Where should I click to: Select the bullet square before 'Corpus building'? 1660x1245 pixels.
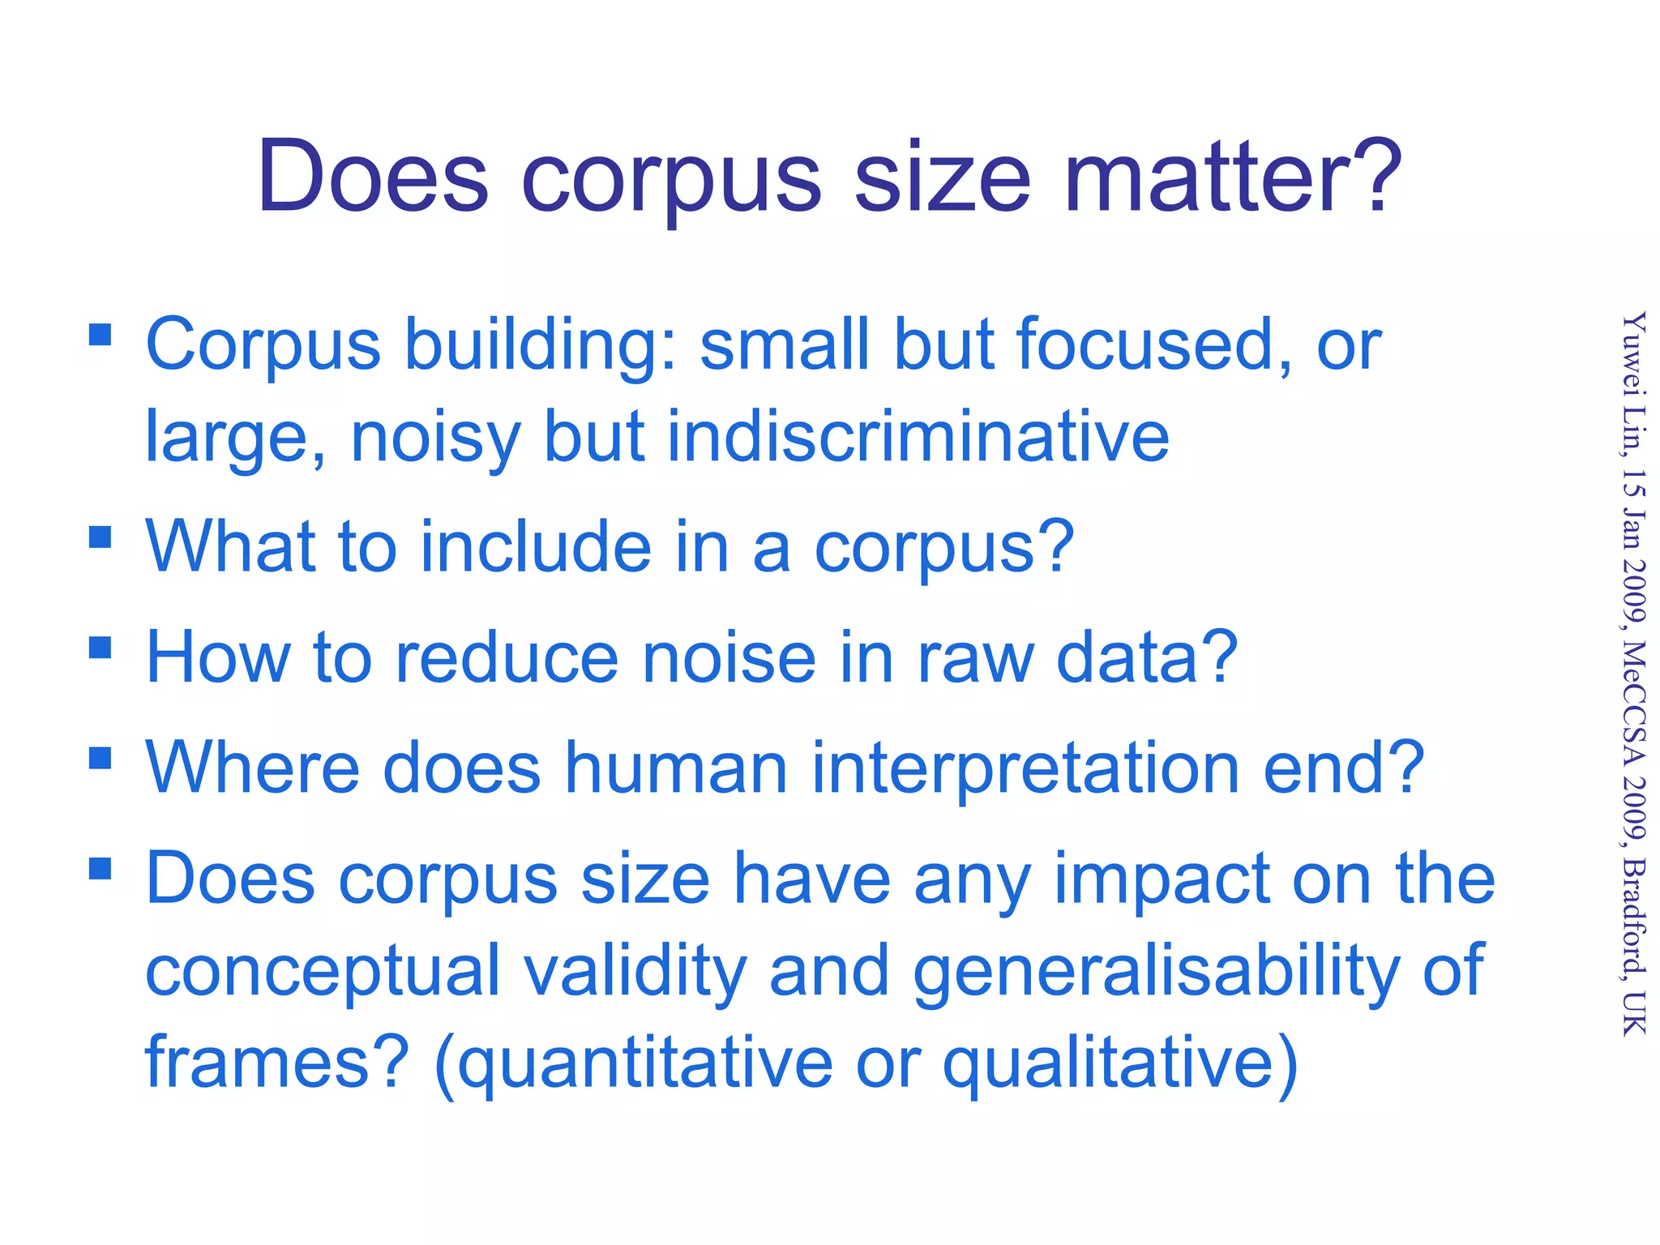tap(100, 335)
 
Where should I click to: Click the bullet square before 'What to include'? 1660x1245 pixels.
tap(100, 537)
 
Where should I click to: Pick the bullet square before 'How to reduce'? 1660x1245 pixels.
tap(100, 648)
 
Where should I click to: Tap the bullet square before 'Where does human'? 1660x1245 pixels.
tap(100, 758)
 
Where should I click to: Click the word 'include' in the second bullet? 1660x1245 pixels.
tap(536, 548)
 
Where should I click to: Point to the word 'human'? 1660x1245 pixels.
tap(676, 768)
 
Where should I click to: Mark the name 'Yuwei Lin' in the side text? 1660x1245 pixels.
tap(1634, 381)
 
